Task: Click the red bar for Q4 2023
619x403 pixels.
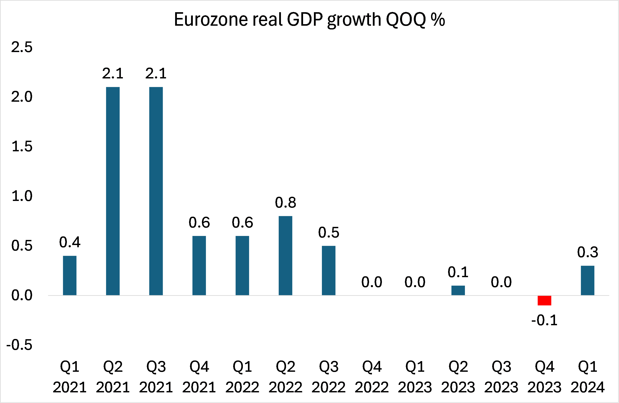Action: [x=544, y=300]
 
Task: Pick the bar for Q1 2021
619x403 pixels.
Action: [x=70, y=275]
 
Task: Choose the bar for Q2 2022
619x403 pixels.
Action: [x=285, y=255]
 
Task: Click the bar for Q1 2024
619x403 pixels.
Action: [x=588, y=280]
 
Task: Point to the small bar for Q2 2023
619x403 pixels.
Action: [x=458, y=290]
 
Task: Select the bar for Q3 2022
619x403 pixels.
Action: [x=329, y=271]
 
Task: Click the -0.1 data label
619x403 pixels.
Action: [x=544, y=320]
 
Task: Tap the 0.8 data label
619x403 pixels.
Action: [x=285, y=202]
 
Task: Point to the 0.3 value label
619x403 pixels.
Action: [x=588, y=252]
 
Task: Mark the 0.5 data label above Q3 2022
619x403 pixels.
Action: [x=329, y=232]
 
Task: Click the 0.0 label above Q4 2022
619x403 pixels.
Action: [x=372, y=282]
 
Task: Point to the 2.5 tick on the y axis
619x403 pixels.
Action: [x=22, y=47]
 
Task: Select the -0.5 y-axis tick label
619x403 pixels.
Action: [x=19, y=345]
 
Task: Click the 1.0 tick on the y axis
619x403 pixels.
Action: [x=22, y=196]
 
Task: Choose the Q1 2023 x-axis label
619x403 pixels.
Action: [x=415, y=377]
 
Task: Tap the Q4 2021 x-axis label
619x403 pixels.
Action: [x=199, y=377]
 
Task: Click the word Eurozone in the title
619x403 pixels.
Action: [x=211, y=19]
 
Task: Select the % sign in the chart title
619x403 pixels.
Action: [x=438, y=19]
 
